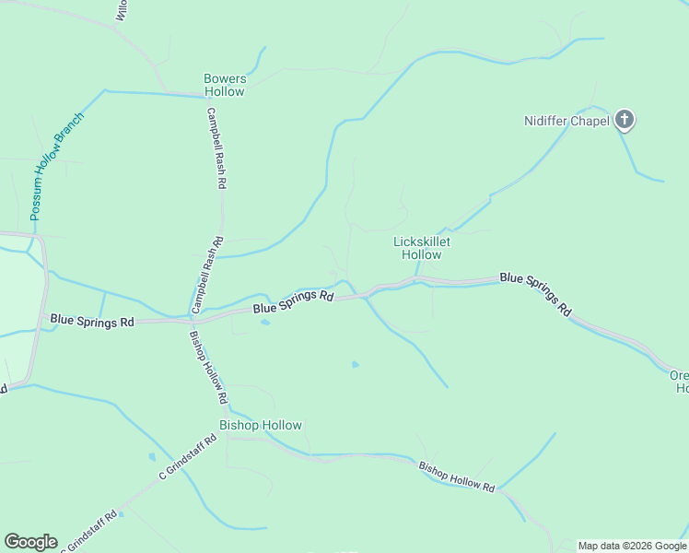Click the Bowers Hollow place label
(x=225, y=85)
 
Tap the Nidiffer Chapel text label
(x=566, y=121)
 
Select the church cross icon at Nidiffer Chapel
(x=625, y=119)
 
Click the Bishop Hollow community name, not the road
(x=260, y=425)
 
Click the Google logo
(x=30, y=542)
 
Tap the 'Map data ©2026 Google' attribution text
(x=631, y=546)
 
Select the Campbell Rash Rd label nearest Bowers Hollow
(x=216, y=149)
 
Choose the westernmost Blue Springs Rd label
(x=92, y=321)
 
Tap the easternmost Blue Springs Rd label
(x=535, y=294)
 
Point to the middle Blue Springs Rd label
(x=293, y=301)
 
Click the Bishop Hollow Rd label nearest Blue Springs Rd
(x=208, y=367)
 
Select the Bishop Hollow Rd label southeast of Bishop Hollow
(x=457, y=477)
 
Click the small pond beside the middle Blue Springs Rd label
(x=265, y=323)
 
